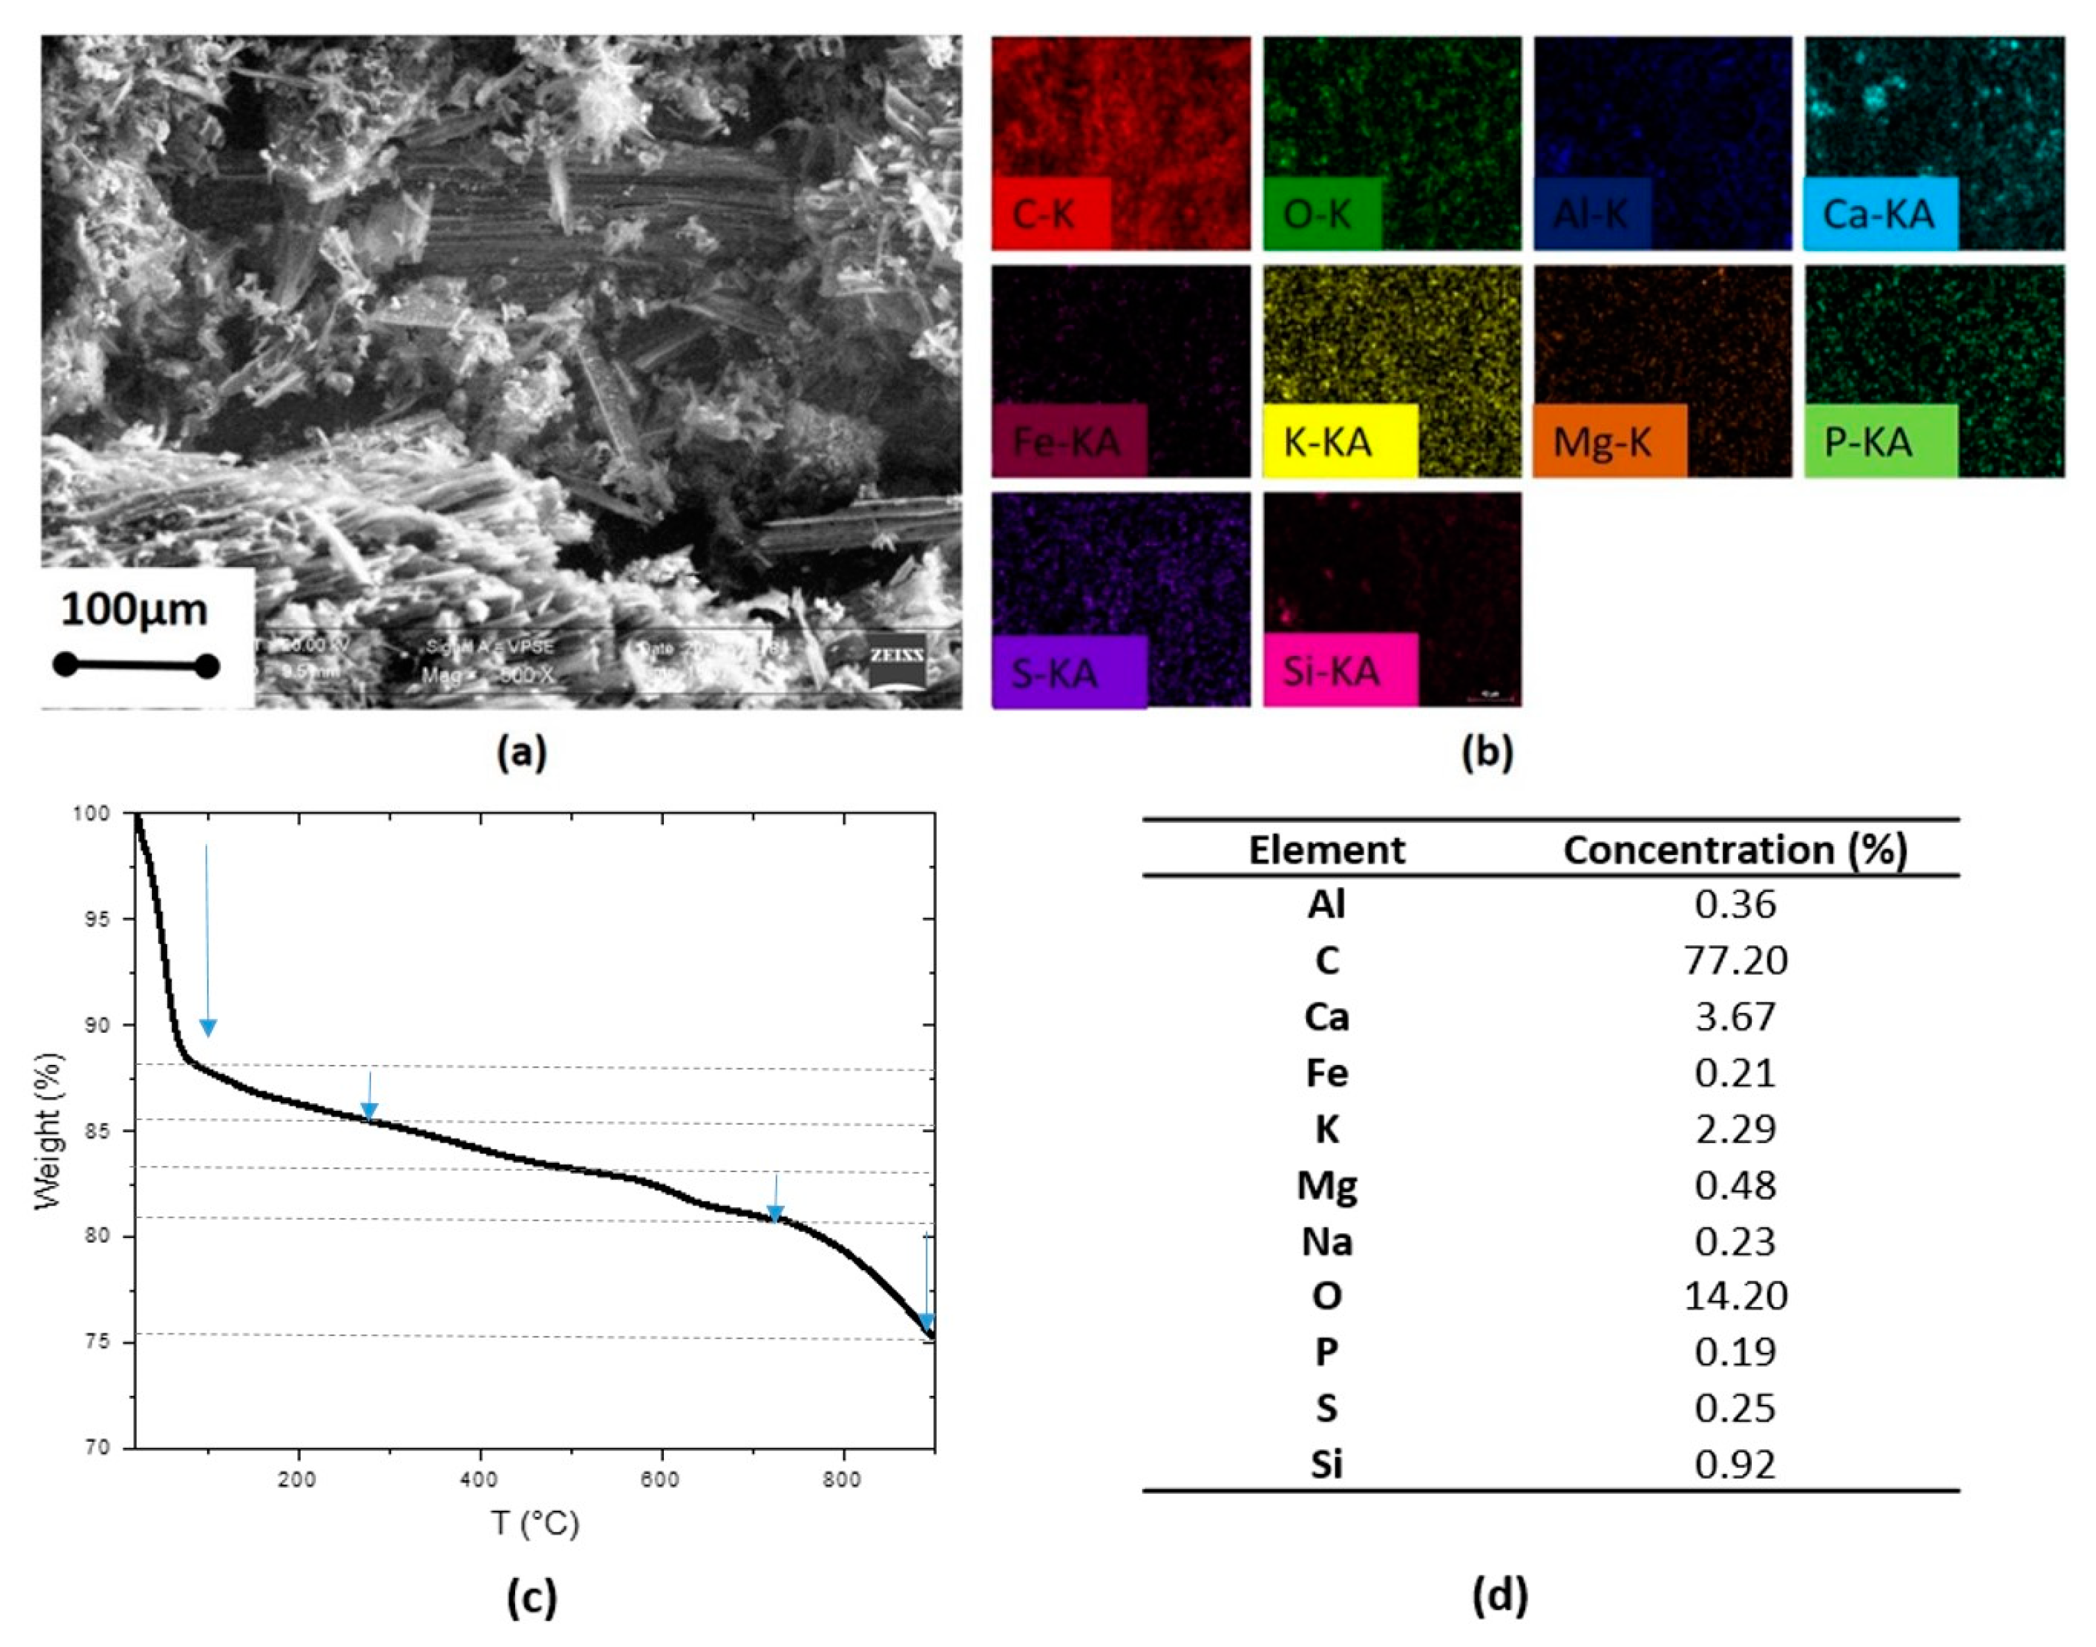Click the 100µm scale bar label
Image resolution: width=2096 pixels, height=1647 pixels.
(134, 610)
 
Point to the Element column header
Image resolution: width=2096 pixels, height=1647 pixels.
(1326, 850)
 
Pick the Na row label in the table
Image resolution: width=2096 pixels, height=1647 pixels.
(1326, 1241)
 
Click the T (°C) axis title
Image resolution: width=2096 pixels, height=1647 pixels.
(536, 1523)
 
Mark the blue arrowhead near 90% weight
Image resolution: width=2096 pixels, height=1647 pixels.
(207, 1028)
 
